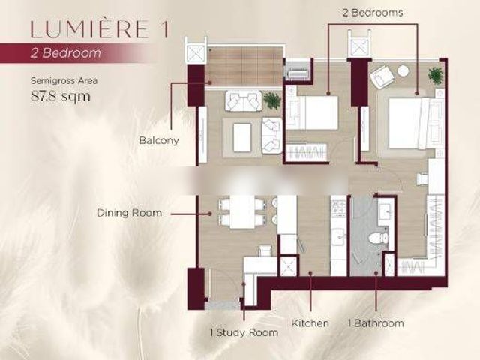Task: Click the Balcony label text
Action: click(159, 140)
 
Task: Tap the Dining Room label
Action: click(130, 213)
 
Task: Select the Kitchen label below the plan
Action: click(310, 323)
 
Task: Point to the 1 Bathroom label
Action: click(376, 323)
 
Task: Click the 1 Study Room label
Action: click(244, 332)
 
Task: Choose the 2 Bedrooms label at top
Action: click(373, 13)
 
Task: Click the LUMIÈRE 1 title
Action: click(100, 29)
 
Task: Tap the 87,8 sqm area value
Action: click(61, 96)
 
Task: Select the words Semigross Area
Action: click(64, 81)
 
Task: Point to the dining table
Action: click(242, 211)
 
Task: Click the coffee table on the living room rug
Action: click(242, 137)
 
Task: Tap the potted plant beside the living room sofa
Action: click(272, 100)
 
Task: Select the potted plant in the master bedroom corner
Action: click(436, 76)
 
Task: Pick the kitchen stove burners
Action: click(339, 208)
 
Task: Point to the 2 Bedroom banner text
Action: click(65, 53)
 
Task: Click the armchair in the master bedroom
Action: click(382, 76)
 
